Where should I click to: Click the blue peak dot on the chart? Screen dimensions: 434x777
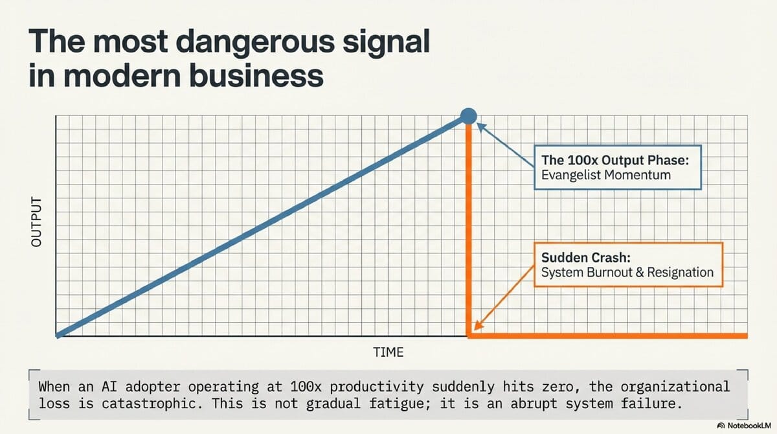(468, 116)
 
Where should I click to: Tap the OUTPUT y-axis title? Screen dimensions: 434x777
(36, 220)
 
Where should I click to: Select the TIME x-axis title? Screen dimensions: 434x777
(388, 352)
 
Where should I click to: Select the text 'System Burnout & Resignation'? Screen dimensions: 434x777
(627, 273)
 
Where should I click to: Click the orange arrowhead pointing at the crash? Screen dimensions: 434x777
(478, 326)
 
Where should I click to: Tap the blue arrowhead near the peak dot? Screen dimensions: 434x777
(481, 128)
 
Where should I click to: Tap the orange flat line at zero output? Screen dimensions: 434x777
(609, 336)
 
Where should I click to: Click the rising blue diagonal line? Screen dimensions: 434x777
(259, 227)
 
